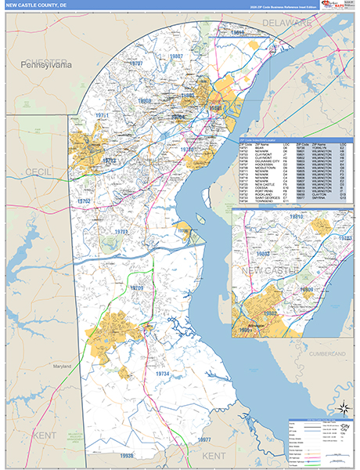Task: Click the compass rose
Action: coord(342,408)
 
